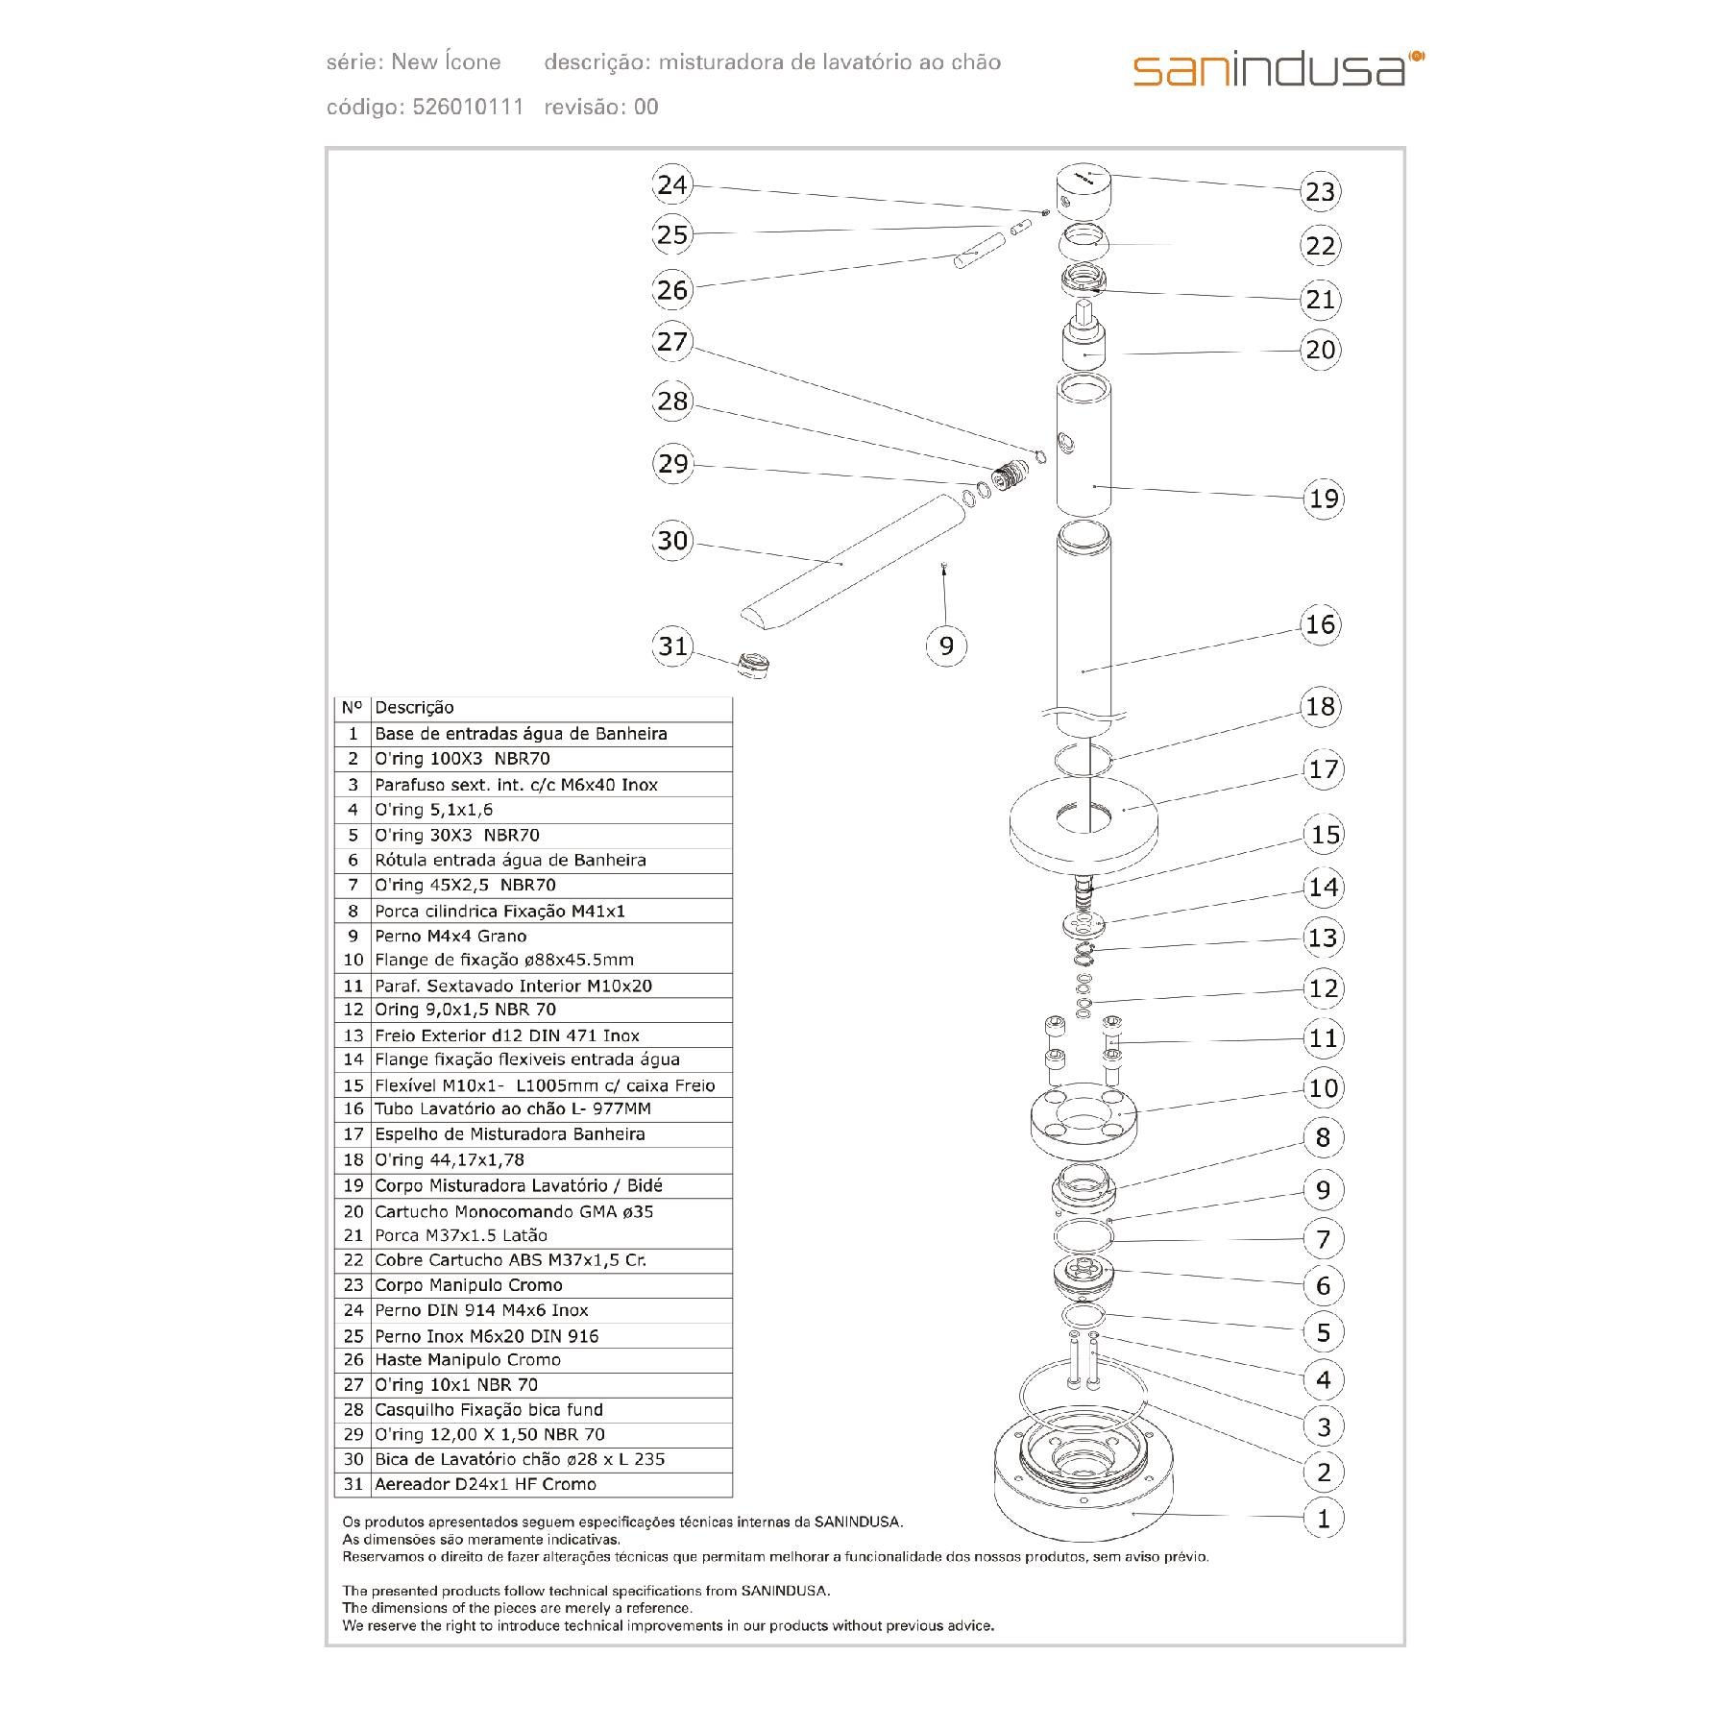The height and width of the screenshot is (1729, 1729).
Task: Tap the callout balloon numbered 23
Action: pyautogui.click(x=1321, y=191)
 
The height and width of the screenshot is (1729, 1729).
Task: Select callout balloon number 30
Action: pyautogui.click(x=672, y=541)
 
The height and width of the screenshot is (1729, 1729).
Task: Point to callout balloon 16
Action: pyautogui.click(x=1321, y=624)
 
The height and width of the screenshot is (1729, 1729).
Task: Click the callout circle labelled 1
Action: pyautogui.click(x=1323, y=1519)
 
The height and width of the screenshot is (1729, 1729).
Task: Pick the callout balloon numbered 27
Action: pyautogui.click(x=672, y=342)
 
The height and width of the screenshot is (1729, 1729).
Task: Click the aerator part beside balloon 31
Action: pyautogui.click(x=754, y=662)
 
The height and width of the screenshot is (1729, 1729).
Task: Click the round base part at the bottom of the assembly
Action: pyautogui.click(x=1083, y=1484)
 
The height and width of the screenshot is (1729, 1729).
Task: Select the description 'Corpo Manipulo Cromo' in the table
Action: pyautogui.click(x=469, y=1285)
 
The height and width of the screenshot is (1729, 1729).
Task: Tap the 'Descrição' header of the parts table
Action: pyautogui.click(x=414, y=708)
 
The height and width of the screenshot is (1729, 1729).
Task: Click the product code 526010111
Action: pyautogui.click(x=468, y=107)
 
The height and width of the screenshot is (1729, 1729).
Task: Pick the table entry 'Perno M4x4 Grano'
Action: pyautogui.click(x=451, y=936)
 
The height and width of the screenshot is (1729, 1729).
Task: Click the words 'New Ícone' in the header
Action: pyautogui.click(x=447, y=62)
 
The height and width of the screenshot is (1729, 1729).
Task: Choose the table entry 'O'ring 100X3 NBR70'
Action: pyautogui.click(x=462, y=759)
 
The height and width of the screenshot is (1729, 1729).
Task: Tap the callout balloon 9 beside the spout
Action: pyautogui.click(x=946, y=645)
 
